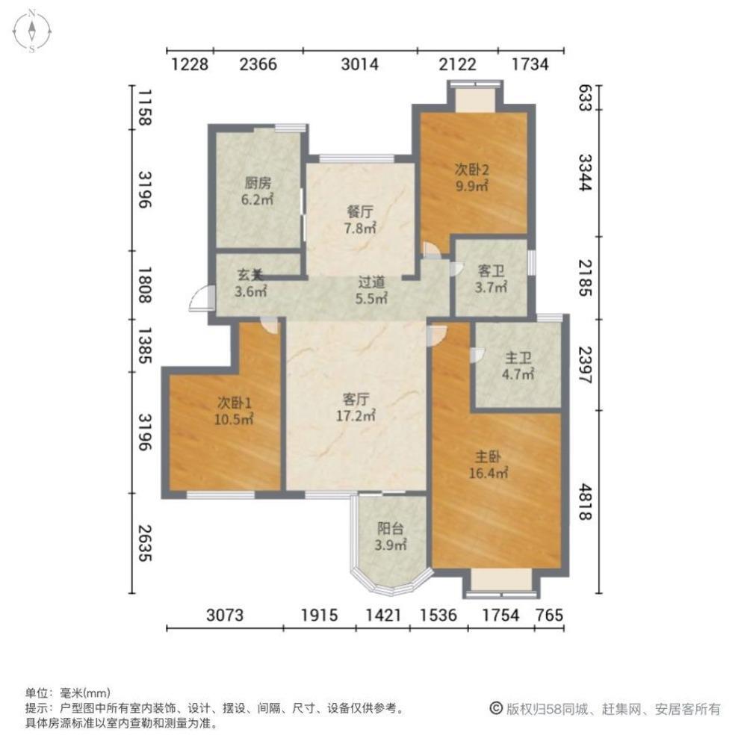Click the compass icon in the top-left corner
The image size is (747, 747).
34,31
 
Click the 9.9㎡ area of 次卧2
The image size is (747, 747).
472,186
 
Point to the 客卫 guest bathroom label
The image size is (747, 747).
492,270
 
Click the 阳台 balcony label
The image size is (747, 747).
391,528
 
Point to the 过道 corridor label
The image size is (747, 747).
371,283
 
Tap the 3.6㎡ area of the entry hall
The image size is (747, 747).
250,292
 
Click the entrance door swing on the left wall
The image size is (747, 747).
199,298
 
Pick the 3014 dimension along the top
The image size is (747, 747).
359,64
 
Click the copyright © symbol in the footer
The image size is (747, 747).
495,709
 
